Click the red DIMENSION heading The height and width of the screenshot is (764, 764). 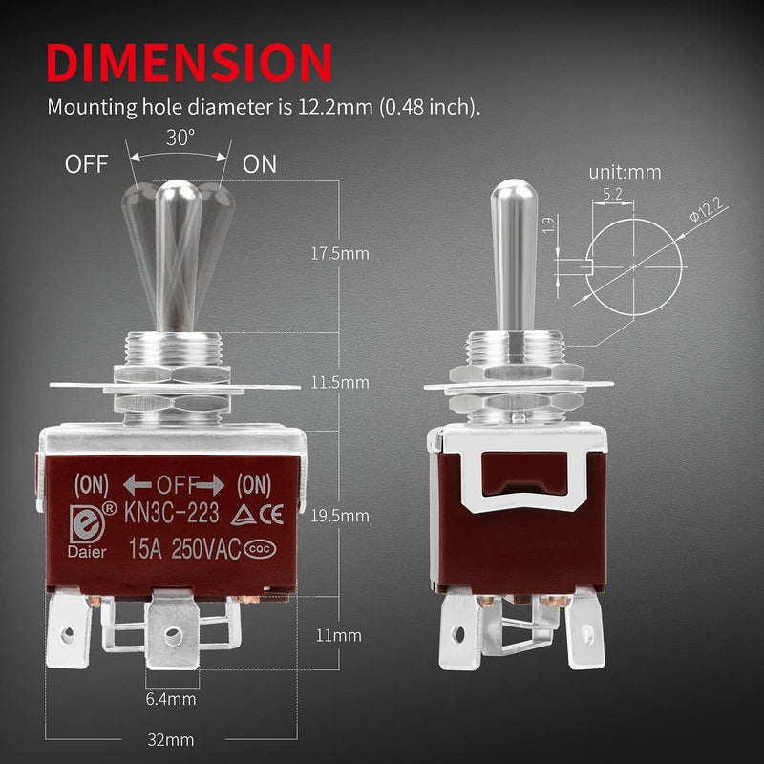click(x=190, y=62)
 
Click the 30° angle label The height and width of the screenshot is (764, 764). click(x=179, y=137)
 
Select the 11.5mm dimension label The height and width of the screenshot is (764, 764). click(x=341, y=382)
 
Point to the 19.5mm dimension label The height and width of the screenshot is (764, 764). click(x=341, y=516)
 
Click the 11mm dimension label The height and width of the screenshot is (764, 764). click(x=341, y=634)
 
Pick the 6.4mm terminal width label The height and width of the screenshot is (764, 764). click(x=171, y=700)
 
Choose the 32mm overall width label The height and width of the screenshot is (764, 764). click(x=171, y=740)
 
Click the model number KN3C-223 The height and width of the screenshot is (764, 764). click(x=171, y=514)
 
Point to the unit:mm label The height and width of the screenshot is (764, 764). click(x=625, y=173)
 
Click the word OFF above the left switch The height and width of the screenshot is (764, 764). click(x=87, y=163)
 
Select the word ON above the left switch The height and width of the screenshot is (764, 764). click(x=259, y=163)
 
